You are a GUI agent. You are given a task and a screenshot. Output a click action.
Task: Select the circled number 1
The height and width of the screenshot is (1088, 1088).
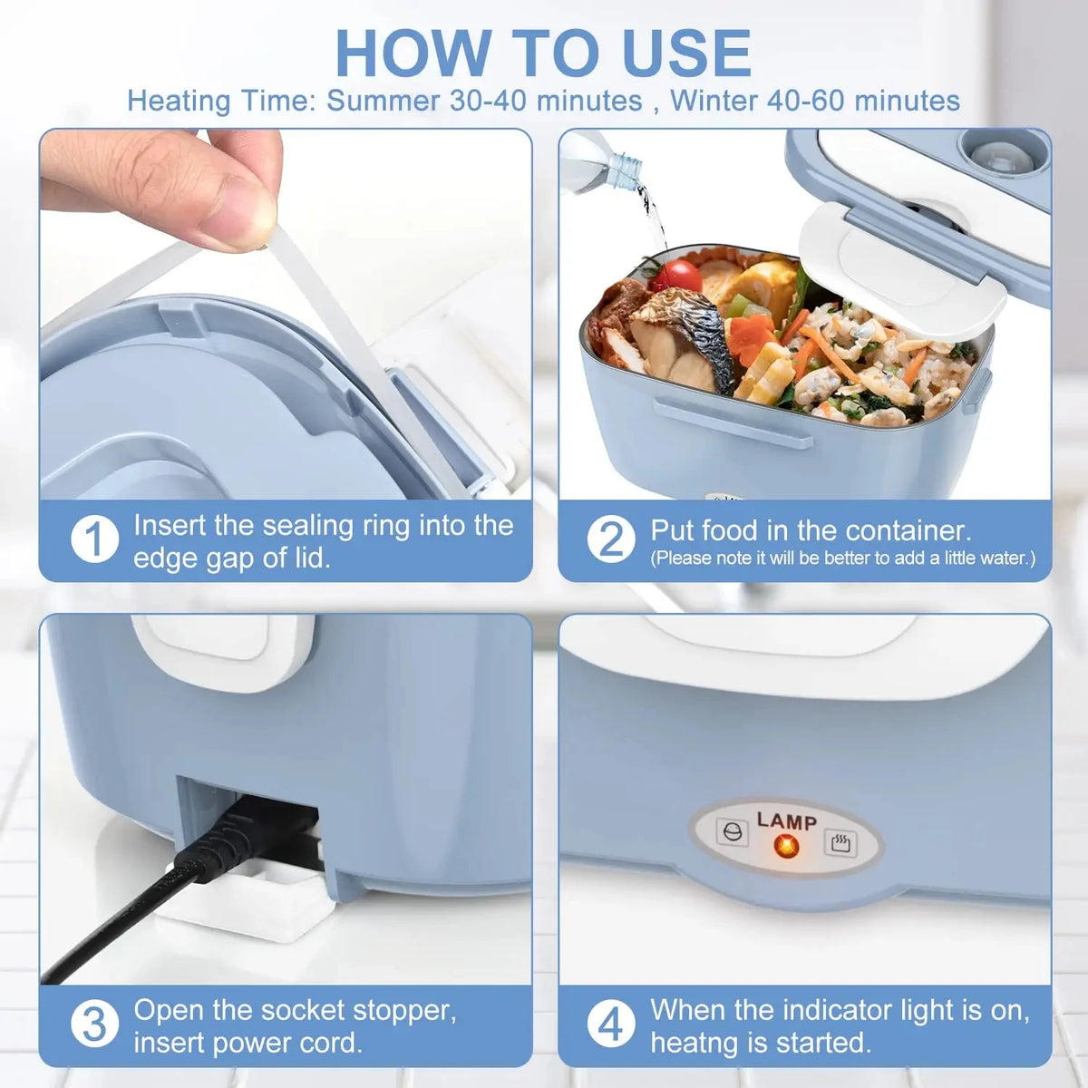pyautogui.click(x=94, y=540)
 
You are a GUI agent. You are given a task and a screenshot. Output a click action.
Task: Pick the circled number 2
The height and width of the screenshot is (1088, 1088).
pyautogui.click(x=611, y=540)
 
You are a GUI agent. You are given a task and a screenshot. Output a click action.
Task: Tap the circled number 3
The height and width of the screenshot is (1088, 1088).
pyautogui.click(x=94, y=1025)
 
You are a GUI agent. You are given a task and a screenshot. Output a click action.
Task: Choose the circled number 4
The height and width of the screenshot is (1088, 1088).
pyautogui.click(x=611, y=1025)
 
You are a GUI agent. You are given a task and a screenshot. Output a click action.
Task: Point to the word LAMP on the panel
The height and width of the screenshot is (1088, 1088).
pyautogui.click(x=786, y=821)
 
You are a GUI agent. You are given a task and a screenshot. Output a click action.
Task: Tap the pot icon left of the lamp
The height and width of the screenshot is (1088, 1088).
pyautogui.click(x=732, y=832)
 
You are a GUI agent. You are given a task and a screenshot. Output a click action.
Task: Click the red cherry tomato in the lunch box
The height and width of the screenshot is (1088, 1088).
pyautogui.click(x=672, y=274)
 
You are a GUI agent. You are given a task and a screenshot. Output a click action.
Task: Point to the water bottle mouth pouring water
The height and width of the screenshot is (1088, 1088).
pyautogui.click(x=626, y=169)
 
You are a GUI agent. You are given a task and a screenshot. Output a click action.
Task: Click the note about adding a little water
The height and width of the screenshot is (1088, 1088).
pyautogui.click(x=842, y=559)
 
